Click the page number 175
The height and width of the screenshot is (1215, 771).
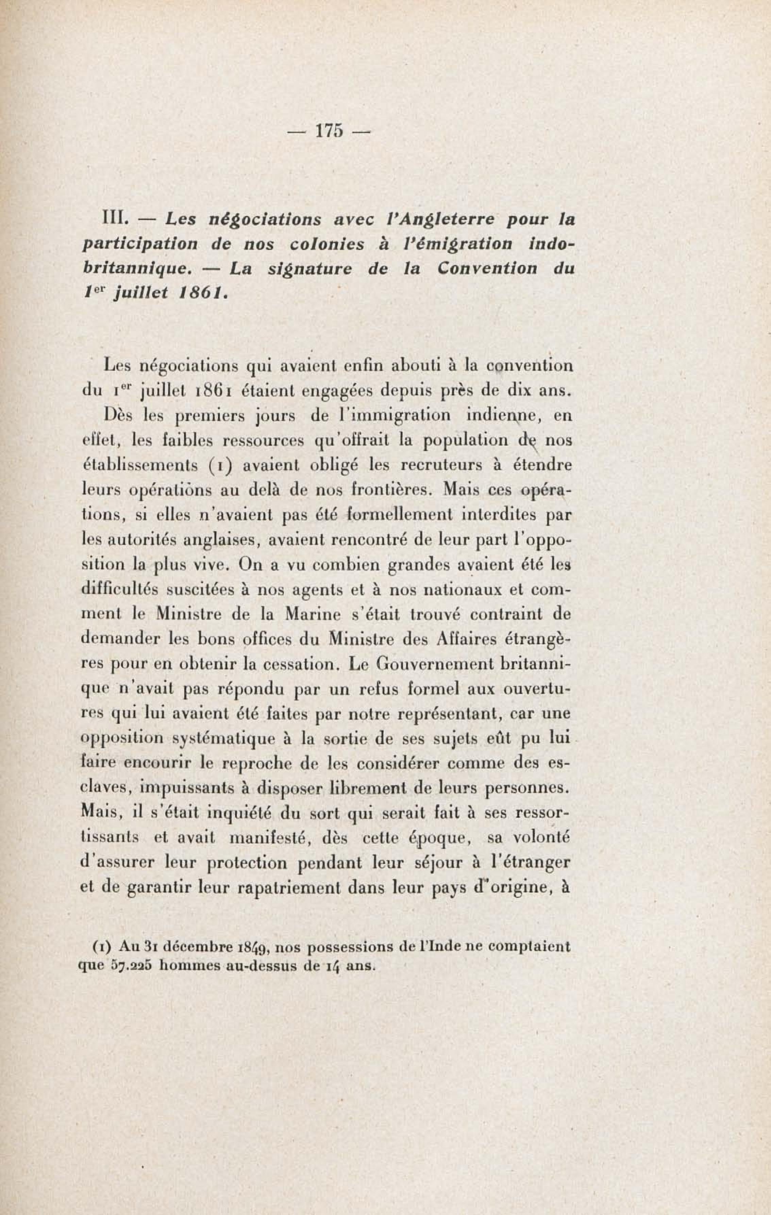[329, 131]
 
